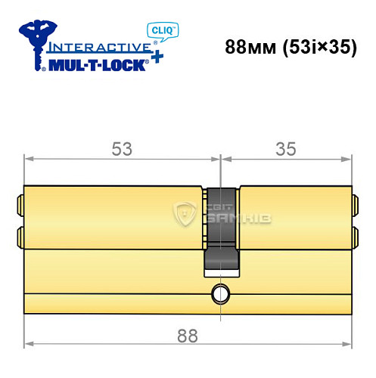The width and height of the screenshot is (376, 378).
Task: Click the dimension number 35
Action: point(286,150)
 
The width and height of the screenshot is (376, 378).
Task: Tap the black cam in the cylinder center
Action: point(220,227)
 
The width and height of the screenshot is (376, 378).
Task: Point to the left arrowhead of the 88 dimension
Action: point(29,345)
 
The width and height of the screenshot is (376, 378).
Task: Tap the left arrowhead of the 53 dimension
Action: point(29,159)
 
